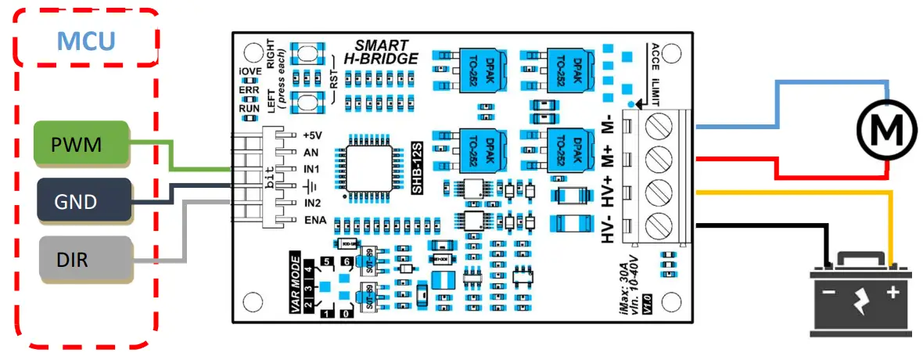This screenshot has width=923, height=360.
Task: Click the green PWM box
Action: [x=81, y=143]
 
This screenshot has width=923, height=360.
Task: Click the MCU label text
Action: [x=88, y=38]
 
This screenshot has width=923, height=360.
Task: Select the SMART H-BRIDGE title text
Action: [x=381, y=52]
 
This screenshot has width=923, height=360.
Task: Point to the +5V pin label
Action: [x=312, y=134]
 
